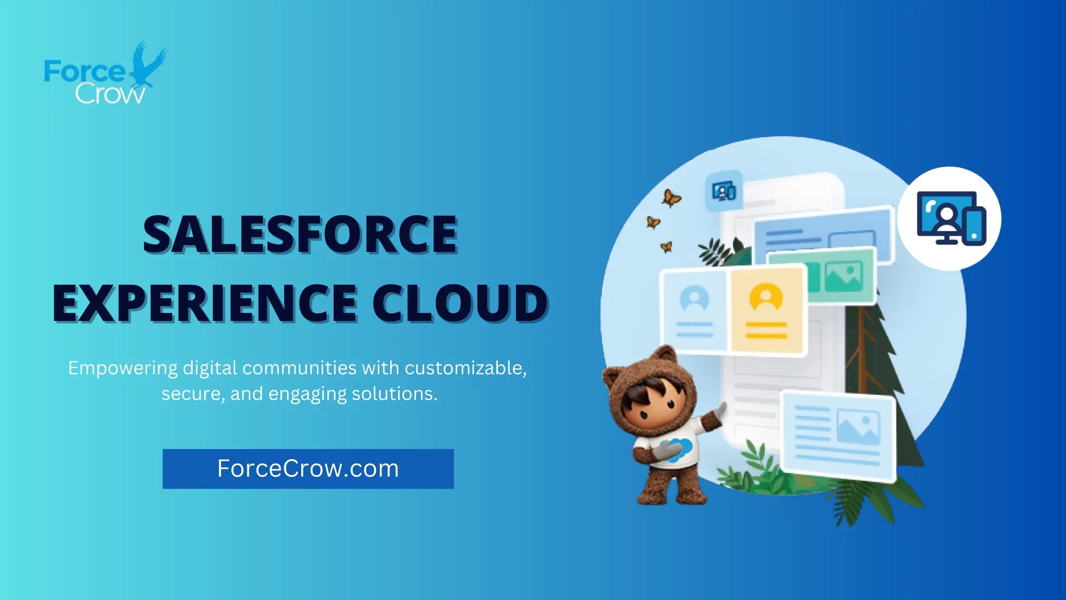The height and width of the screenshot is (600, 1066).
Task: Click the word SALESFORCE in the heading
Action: coord(300,234)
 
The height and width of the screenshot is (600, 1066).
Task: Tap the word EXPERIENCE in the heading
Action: coord(205,303)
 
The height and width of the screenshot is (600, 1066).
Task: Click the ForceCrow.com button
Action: coord(308,469)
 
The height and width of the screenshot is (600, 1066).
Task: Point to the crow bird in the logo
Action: coord(148,64)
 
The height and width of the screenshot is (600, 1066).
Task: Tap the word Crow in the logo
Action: coord(110,94)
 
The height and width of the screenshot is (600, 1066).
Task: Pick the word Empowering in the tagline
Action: coord(122,368)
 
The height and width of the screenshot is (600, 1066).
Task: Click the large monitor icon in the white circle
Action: coord(950,218)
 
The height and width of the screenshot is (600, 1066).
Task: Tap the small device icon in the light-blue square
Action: coord(724,191)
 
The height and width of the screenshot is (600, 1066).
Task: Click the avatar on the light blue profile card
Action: coord(694,299)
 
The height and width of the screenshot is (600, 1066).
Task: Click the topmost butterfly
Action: coord(671,198)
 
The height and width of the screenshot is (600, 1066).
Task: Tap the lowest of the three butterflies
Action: coord(666,247)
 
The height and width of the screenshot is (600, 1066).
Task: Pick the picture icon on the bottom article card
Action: coord(858,425)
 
